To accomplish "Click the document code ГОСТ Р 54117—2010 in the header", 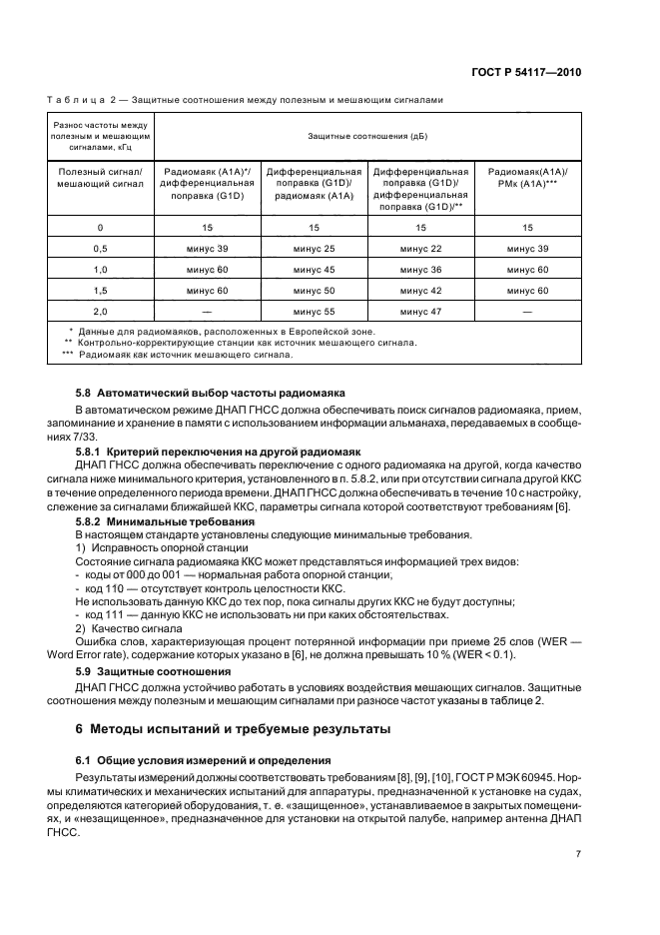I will [528, 73].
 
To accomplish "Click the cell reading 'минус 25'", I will [315, 248].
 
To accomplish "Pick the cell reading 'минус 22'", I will [421, 248].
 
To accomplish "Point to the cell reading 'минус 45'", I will [315, 269].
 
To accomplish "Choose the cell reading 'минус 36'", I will [421, 269].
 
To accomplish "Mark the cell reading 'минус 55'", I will [315, 312].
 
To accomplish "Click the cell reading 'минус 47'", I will [421, 312].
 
